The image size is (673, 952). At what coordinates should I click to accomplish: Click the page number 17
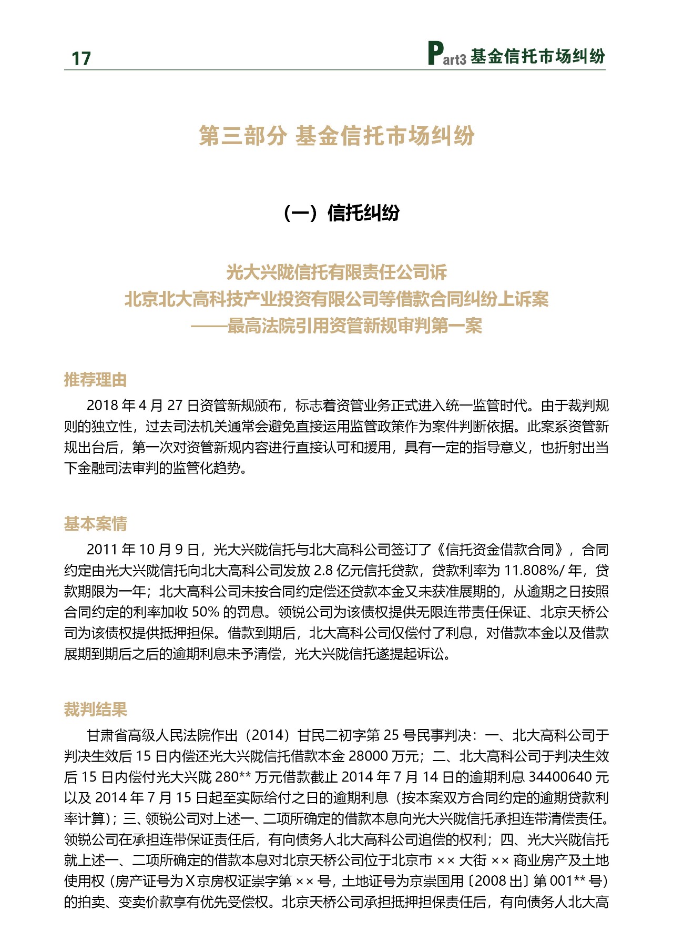pyautogui.click(x=81, y=58)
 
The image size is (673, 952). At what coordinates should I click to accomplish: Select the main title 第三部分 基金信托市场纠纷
pyautogui.click(x=336, y=136)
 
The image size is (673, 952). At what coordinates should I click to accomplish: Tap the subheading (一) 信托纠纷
pyautogui.click(x=341, y=213)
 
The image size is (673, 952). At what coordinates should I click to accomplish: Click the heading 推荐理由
pyautogui.click(x=95, y=379)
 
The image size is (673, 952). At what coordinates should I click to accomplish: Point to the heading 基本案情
pyautogui.click(x=95, y=524)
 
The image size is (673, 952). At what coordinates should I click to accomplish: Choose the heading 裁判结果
pyautogui.click(x=95, y=710)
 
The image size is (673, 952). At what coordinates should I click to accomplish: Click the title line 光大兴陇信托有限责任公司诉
pyautogui.click(x=336, y=272)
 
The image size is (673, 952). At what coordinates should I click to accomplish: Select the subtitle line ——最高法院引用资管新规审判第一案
pyautogui.click(x=336, y=326)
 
